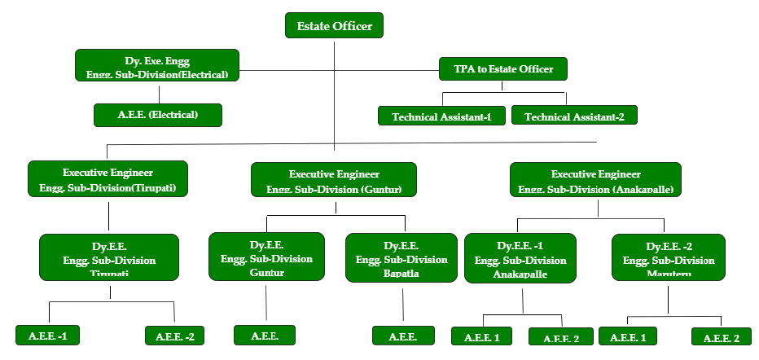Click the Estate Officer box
coord(334,26)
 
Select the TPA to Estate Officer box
coord(502,69)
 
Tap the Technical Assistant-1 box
coord(441,116)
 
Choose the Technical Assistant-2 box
coord(574,116)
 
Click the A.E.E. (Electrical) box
coord(157,115)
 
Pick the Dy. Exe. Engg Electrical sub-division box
coord(157,65)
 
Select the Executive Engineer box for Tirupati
coord(107,179)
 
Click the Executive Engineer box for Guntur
coord(334,180)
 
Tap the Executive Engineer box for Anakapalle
coord(595,180)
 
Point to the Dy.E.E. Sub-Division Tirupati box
coord(109,257)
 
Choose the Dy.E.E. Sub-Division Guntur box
coord(266,257)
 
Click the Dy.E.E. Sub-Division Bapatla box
coord(401,257)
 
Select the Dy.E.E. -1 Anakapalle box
coord(520,257)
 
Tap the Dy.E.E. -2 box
coord(669,257)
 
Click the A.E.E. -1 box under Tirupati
coord(47,336)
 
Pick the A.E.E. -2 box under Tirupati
coord(174,336)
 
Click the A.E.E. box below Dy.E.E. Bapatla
coord(403,336)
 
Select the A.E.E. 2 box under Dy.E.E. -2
coord(722,337)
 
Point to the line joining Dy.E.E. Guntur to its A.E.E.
coord(266,303)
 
